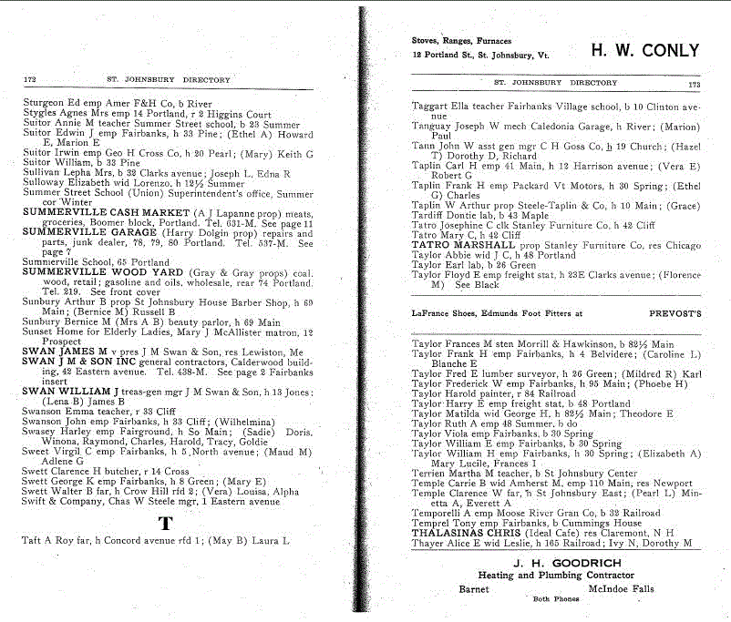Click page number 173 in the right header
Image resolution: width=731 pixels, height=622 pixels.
pyautogui.click(x=694, y=83)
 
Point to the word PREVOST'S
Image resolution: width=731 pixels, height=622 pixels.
pyautogui.click(x=674, y=312)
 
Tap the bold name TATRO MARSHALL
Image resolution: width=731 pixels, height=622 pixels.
pyautogui.click(x=456, y=245)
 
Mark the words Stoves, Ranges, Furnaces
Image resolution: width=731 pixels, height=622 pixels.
pyautogui.click(x=461, y=41)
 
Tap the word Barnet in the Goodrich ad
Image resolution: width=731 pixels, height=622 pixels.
pyautogui.click(x=472, y=589)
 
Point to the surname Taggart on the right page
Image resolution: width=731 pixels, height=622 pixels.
pyautogui.click(x=429, y=107)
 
